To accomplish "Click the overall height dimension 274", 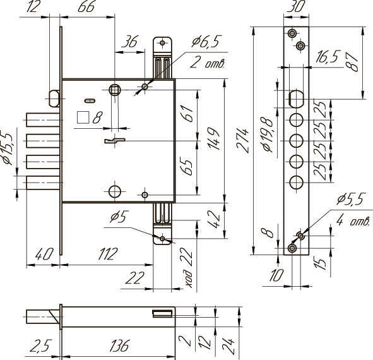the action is (242, 141).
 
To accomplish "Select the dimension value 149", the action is (213, 139).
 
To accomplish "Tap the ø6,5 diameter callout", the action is (206, 41).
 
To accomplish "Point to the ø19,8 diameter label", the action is (267, 135).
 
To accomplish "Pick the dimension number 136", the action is (119, 345).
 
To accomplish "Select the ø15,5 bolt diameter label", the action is (8, 148).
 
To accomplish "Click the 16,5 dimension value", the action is (328, 57).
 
